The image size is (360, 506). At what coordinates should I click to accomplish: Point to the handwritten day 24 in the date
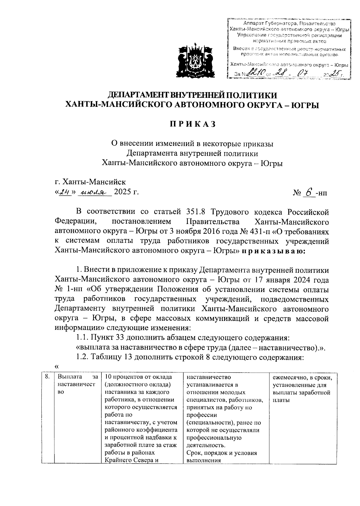point(64,192)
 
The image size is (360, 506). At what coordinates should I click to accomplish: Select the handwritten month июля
point(94,192)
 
